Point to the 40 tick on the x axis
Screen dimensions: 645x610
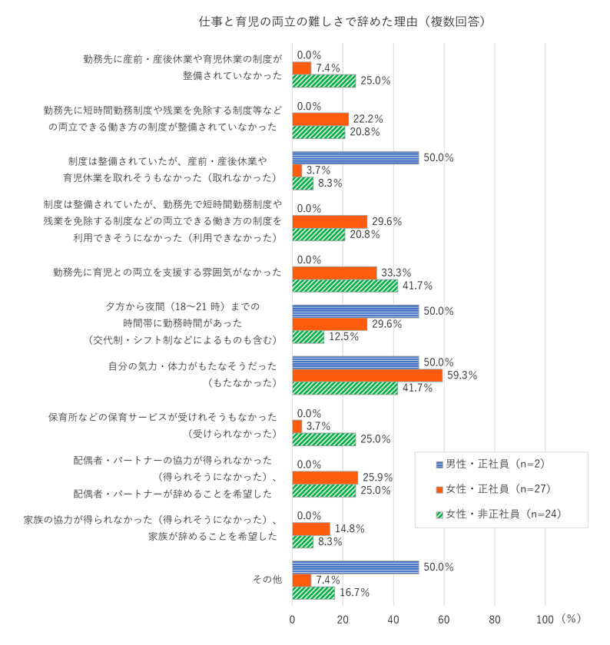click(x=393, y=618)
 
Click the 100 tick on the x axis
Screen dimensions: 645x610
click(x=545, y=618)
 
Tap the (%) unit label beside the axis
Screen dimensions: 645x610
click(x=572, y=617)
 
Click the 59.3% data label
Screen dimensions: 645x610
click(x=462, y=375)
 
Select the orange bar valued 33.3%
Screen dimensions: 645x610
click(x=334, y=273)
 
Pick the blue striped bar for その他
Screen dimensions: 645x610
click(x=355, y=567)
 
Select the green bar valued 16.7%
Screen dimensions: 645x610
click(x=313, y=593)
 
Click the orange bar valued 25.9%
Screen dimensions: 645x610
click(x=325, y=478)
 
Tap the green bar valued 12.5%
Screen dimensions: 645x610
click(x=308, y=337)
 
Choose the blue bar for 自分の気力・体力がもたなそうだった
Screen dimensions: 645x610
click(x=355, y=362)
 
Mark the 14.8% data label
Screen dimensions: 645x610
click(x=350, y=529)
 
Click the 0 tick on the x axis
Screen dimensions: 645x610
click(x=293, y=618)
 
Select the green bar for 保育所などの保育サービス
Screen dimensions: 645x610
click(x=324, y=439)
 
